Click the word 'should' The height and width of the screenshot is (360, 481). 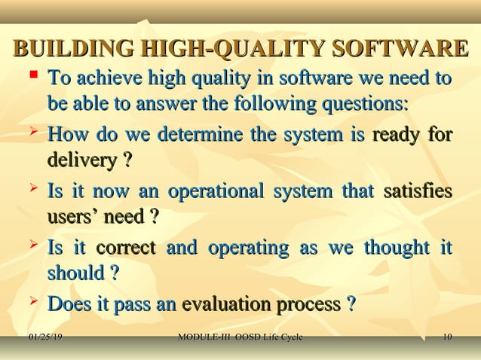pos(75,272)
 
